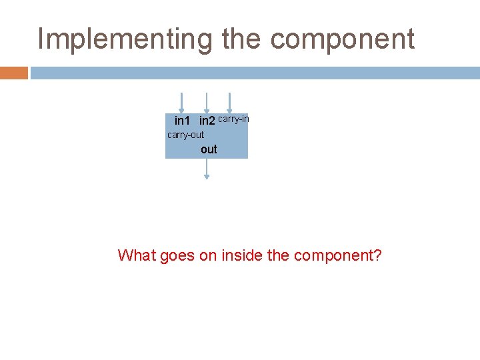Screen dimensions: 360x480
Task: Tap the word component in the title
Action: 342,39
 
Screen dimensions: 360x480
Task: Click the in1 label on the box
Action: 182,121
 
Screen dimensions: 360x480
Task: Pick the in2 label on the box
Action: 207,121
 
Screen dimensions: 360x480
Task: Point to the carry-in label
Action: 233,119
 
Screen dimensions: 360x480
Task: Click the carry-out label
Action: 185,135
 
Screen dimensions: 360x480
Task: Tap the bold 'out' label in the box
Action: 209,149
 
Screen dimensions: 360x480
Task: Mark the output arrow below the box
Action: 207,169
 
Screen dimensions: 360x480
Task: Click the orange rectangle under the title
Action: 14,73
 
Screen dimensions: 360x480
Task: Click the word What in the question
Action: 137,255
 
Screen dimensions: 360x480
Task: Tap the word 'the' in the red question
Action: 278,255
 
